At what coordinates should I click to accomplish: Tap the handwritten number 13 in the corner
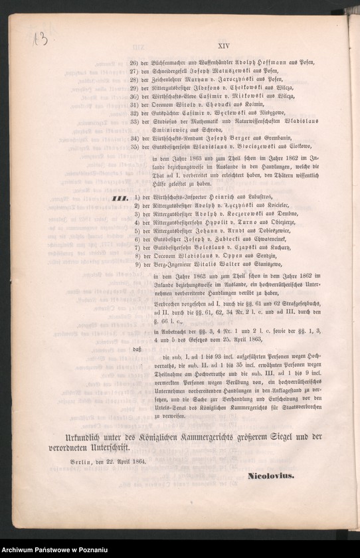coord(39,40)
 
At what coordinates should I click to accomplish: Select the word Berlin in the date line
coord(82,460)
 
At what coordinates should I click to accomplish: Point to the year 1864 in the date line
coord(137,460)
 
